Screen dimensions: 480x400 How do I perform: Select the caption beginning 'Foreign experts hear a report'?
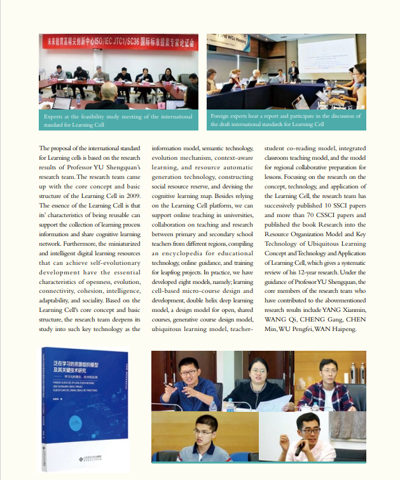pos(286,119)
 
